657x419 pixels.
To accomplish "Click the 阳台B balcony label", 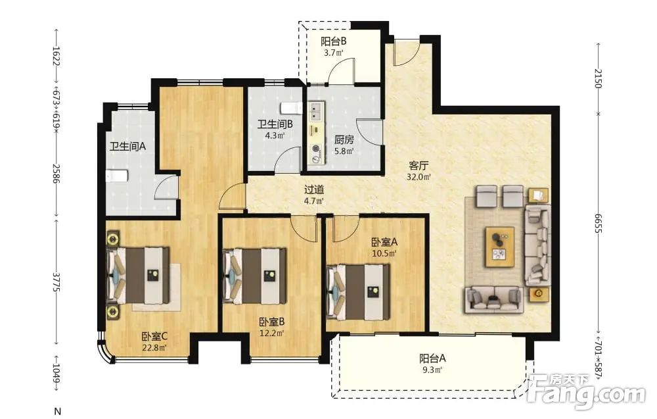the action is click(333, 41).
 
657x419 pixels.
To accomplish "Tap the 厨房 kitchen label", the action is click(344, 139).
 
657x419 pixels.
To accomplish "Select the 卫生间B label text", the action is click(275, 124).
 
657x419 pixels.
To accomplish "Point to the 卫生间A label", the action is click(127, 147).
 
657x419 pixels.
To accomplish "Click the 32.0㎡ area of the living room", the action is click(419, 177).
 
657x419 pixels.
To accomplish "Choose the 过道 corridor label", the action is click(314, 189).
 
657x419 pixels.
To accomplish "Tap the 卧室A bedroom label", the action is click(384, 242).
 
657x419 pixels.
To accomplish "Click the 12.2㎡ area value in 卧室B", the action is click(272, 333).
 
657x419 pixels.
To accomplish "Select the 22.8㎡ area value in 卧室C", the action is click(154, 347).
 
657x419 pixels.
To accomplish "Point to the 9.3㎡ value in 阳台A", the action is click(432, 370).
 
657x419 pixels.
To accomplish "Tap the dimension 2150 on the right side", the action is click(599, 78).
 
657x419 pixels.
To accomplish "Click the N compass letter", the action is click(58, 410).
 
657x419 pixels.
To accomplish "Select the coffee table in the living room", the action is click(500, 247).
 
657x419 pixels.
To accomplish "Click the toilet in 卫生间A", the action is click(117, 176).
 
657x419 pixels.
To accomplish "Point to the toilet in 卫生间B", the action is click(292, 108).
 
